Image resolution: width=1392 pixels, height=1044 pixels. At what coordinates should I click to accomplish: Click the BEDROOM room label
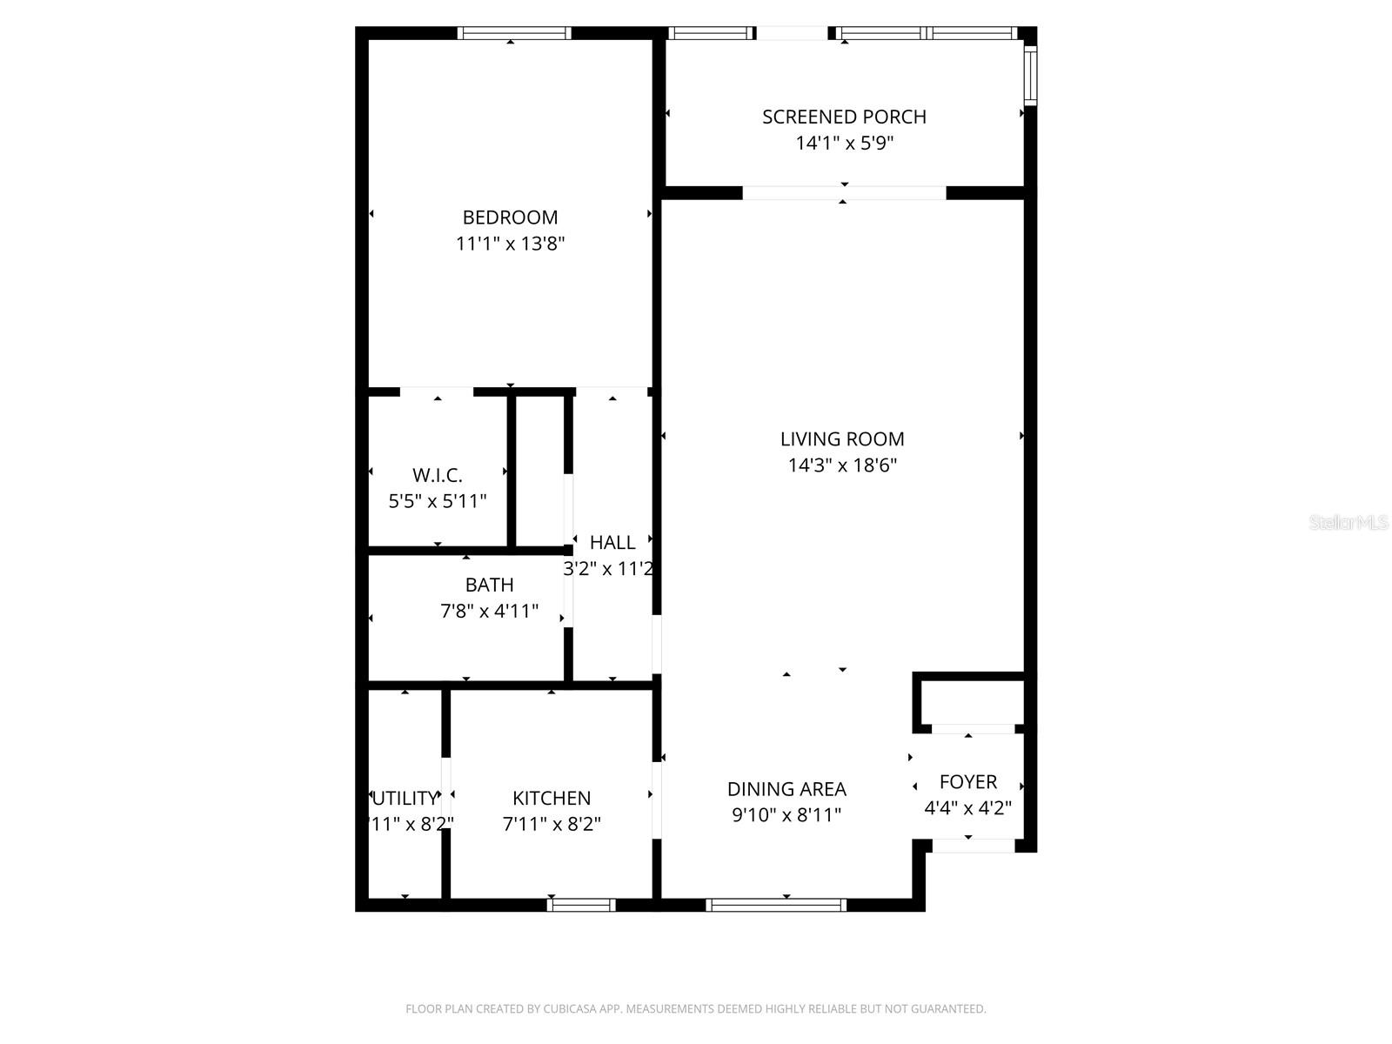tap(510, 217)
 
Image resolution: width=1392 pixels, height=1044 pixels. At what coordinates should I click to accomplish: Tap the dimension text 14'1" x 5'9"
tap(844, 144)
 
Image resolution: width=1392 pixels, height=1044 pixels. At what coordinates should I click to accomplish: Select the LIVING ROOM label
tap(842, 439)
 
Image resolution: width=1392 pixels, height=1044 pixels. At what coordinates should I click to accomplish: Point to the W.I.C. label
tap(437, 475)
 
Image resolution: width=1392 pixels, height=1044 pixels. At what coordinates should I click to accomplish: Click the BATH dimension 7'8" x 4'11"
tap(489, 612)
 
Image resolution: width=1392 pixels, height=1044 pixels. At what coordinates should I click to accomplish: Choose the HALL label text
tap(612, 543)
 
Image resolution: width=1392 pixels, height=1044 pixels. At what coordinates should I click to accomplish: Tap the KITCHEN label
tap(552, 798)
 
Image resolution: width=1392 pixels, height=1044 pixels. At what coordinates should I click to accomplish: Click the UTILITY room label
tap(405, 798)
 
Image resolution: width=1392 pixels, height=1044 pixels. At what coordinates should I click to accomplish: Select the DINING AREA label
tap(786, 789)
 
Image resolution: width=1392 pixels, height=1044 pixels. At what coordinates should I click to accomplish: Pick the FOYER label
tap(967, 782)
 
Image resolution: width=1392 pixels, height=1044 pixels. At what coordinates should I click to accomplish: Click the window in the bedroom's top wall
tap(514, 33)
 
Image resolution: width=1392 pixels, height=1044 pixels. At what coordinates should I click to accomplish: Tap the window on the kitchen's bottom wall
tap(581, 905)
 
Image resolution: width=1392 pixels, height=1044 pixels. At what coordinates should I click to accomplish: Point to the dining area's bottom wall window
tap(776, 905)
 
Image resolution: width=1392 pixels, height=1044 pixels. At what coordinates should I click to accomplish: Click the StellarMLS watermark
tap(1348, 523)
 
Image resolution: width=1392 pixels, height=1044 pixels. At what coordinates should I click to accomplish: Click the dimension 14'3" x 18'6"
tap(842, 465)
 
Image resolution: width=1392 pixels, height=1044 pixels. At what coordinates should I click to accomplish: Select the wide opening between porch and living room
tap(844, 193)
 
